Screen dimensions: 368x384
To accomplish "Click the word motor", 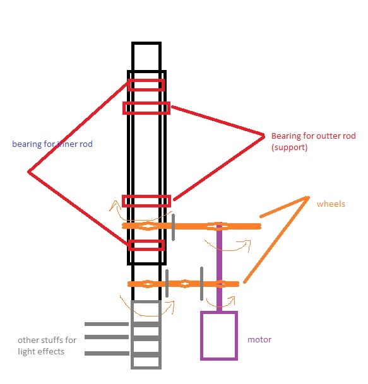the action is click(x=259, y=340).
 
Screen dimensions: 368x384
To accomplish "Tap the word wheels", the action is click(x=331, y=204).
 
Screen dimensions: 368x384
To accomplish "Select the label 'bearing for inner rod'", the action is click(x=52, y=144).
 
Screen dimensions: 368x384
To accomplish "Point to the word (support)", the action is click(x=289, y=148).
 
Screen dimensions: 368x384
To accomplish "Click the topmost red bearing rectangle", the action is click(x=146, y=80).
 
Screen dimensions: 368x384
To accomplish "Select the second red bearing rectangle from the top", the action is click(x=146, y=103).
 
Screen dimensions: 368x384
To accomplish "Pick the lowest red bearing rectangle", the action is click(x=146, y=241).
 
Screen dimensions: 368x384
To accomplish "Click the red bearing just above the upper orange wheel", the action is click(x=146, y=196).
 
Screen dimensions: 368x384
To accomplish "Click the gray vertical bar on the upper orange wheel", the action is click(x=174, y=227).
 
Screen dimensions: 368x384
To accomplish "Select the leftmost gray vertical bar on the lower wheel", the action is click(x=167, y=283).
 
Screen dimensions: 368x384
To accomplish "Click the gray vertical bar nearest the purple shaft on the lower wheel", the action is click(x=201, y=284).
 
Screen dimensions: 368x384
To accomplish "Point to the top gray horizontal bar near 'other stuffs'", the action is click(x=107, y=324).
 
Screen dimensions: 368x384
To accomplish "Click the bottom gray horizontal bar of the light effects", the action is click(x=107, y=353).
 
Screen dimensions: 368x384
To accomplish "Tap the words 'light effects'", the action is click(x=41, y=352).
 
